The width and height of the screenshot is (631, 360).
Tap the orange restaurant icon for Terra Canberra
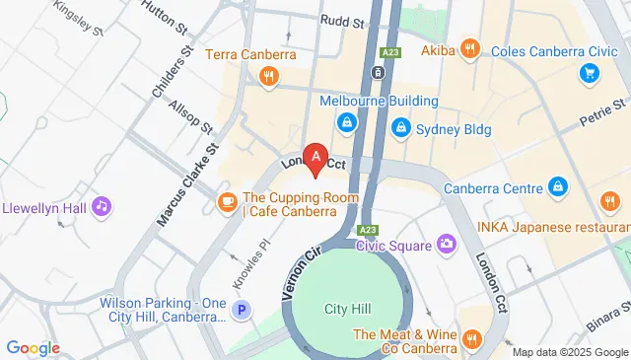tap(266, 76)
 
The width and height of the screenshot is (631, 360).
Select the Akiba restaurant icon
tap(470, 47)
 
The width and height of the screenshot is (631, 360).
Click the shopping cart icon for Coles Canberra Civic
tap(590, 72)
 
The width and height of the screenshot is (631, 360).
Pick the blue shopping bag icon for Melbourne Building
tap(347, 122)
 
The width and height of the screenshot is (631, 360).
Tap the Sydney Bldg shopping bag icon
tap(401, 126)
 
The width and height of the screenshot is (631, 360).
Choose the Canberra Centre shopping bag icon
tap(557, 187)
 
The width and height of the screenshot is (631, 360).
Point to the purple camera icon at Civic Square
tap(447, 243)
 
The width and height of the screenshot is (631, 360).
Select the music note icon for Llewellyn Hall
tap(101, 206)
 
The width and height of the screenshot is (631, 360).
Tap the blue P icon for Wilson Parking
tap(241, 311)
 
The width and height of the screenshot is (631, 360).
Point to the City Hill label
tap(348, 309)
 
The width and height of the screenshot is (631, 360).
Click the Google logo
tap(34, 347)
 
